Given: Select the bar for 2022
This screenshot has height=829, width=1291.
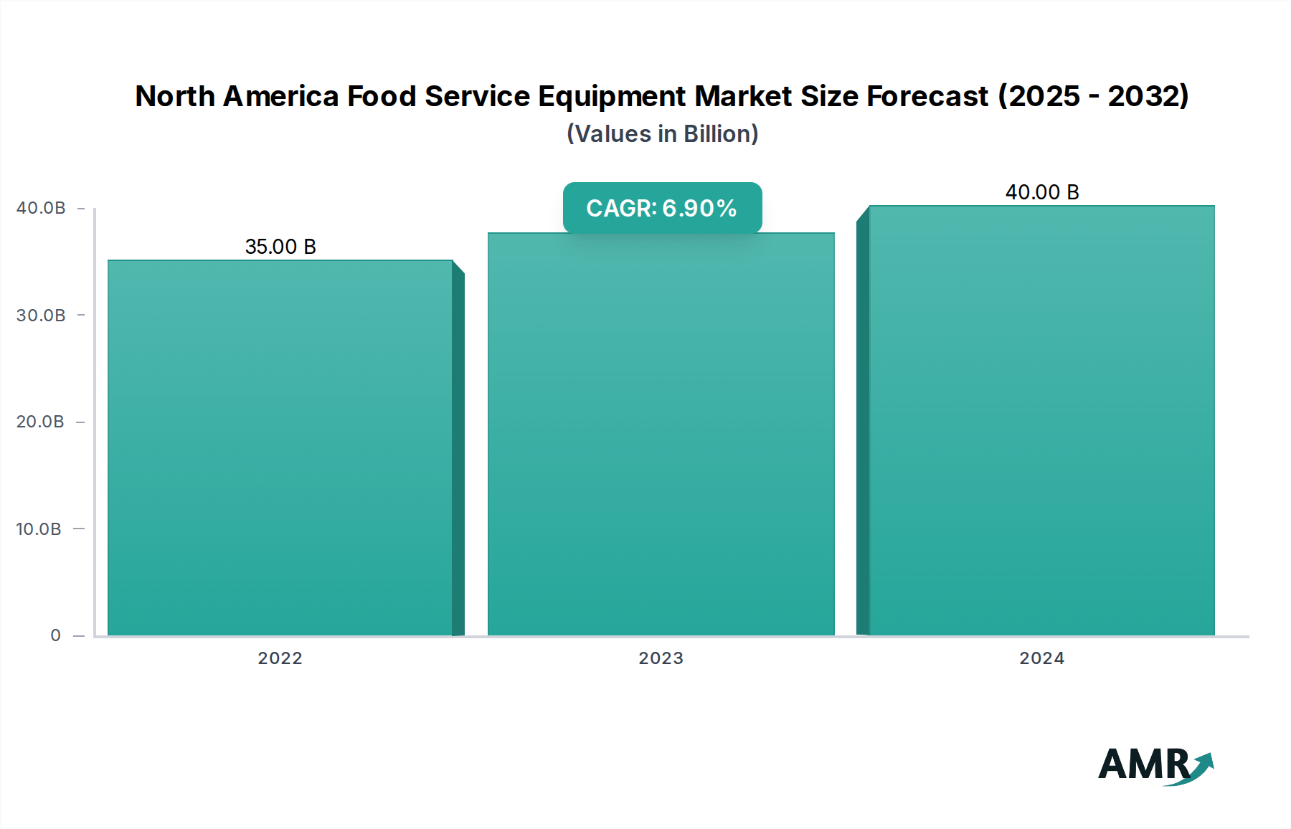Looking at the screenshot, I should point(280,448).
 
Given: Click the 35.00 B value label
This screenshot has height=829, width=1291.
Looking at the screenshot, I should point(280,247).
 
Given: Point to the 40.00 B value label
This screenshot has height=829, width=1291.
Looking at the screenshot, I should point(1041,192).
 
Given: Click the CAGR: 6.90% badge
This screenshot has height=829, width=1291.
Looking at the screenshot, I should point(661,208).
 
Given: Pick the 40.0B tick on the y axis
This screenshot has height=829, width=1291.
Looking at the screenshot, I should point(41,208).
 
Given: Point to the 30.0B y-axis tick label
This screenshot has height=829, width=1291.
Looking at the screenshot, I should point(41,316).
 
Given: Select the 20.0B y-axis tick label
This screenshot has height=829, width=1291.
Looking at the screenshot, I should point(41,422).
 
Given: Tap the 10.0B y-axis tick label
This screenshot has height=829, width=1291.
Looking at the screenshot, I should point(39,529).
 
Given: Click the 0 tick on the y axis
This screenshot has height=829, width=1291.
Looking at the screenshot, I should point(55,635).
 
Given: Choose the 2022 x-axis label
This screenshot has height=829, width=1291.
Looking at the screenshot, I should point(280,658).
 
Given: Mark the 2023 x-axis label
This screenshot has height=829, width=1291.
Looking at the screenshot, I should point(661,658).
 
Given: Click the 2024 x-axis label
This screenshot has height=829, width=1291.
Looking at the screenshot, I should point(1041,658).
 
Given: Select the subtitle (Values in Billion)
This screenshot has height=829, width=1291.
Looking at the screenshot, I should point(662,134).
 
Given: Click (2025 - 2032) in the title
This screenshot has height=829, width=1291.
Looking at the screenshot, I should point(1094,96).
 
